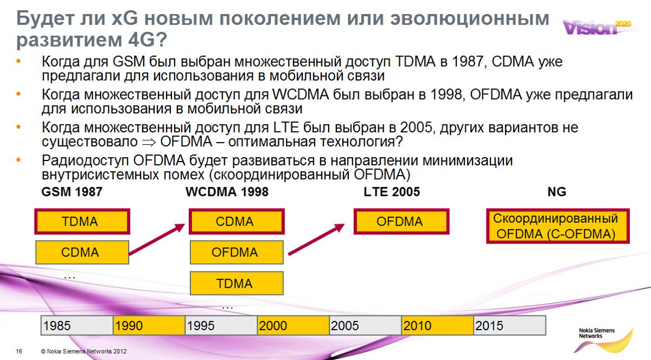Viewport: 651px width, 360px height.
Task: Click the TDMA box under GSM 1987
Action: point(82,222)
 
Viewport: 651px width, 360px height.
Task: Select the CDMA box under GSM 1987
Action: point(82,252)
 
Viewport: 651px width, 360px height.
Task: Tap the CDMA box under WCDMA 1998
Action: point(235,222)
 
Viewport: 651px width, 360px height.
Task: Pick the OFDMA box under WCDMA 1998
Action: point(236,252)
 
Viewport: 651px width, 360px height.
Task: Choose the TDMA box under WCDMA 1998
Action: point(236,283)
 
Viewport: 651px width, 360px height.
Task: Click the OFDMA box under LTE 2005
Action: point(401,222)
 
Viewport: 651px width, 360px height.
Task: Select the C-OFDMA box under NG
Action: point(556,227)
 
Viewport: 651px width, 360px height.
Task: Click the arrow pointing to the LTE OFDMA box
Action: point(318,239)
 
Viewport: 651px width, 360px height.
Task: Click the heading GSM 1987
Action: point(72,192)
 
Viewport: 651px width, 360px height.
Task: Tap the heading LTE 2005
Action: point(391,192)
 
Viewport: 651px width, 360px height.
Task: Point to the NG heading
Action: point(557,192)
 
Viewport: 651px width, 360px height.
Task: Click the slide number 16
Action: point(19,351)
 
